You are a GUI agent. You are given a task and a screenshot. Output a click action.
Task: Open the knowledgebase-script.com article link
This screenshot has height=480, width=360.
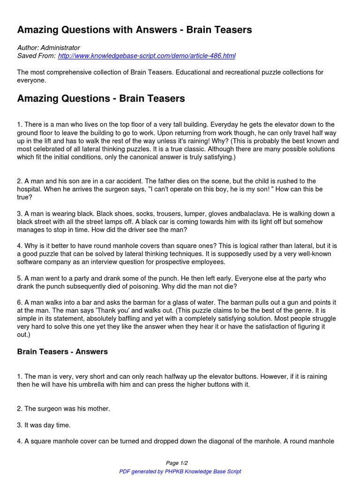point(147,56)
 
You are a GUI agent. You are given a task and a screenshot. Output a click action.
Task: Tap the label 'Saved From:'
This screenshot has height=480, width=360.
point(36,56)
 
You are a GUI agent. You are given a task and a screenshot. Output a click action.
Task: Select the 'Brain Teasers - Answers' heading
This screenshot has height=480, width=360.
point(62,352)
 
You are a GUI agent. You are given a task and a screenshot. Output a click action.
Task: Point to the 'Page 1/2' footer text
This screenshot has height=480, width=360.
point(180,463)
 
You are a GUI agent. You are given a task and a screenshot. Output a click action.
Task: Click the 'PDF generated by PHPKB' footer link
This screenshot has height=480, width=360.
point(180,471)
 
